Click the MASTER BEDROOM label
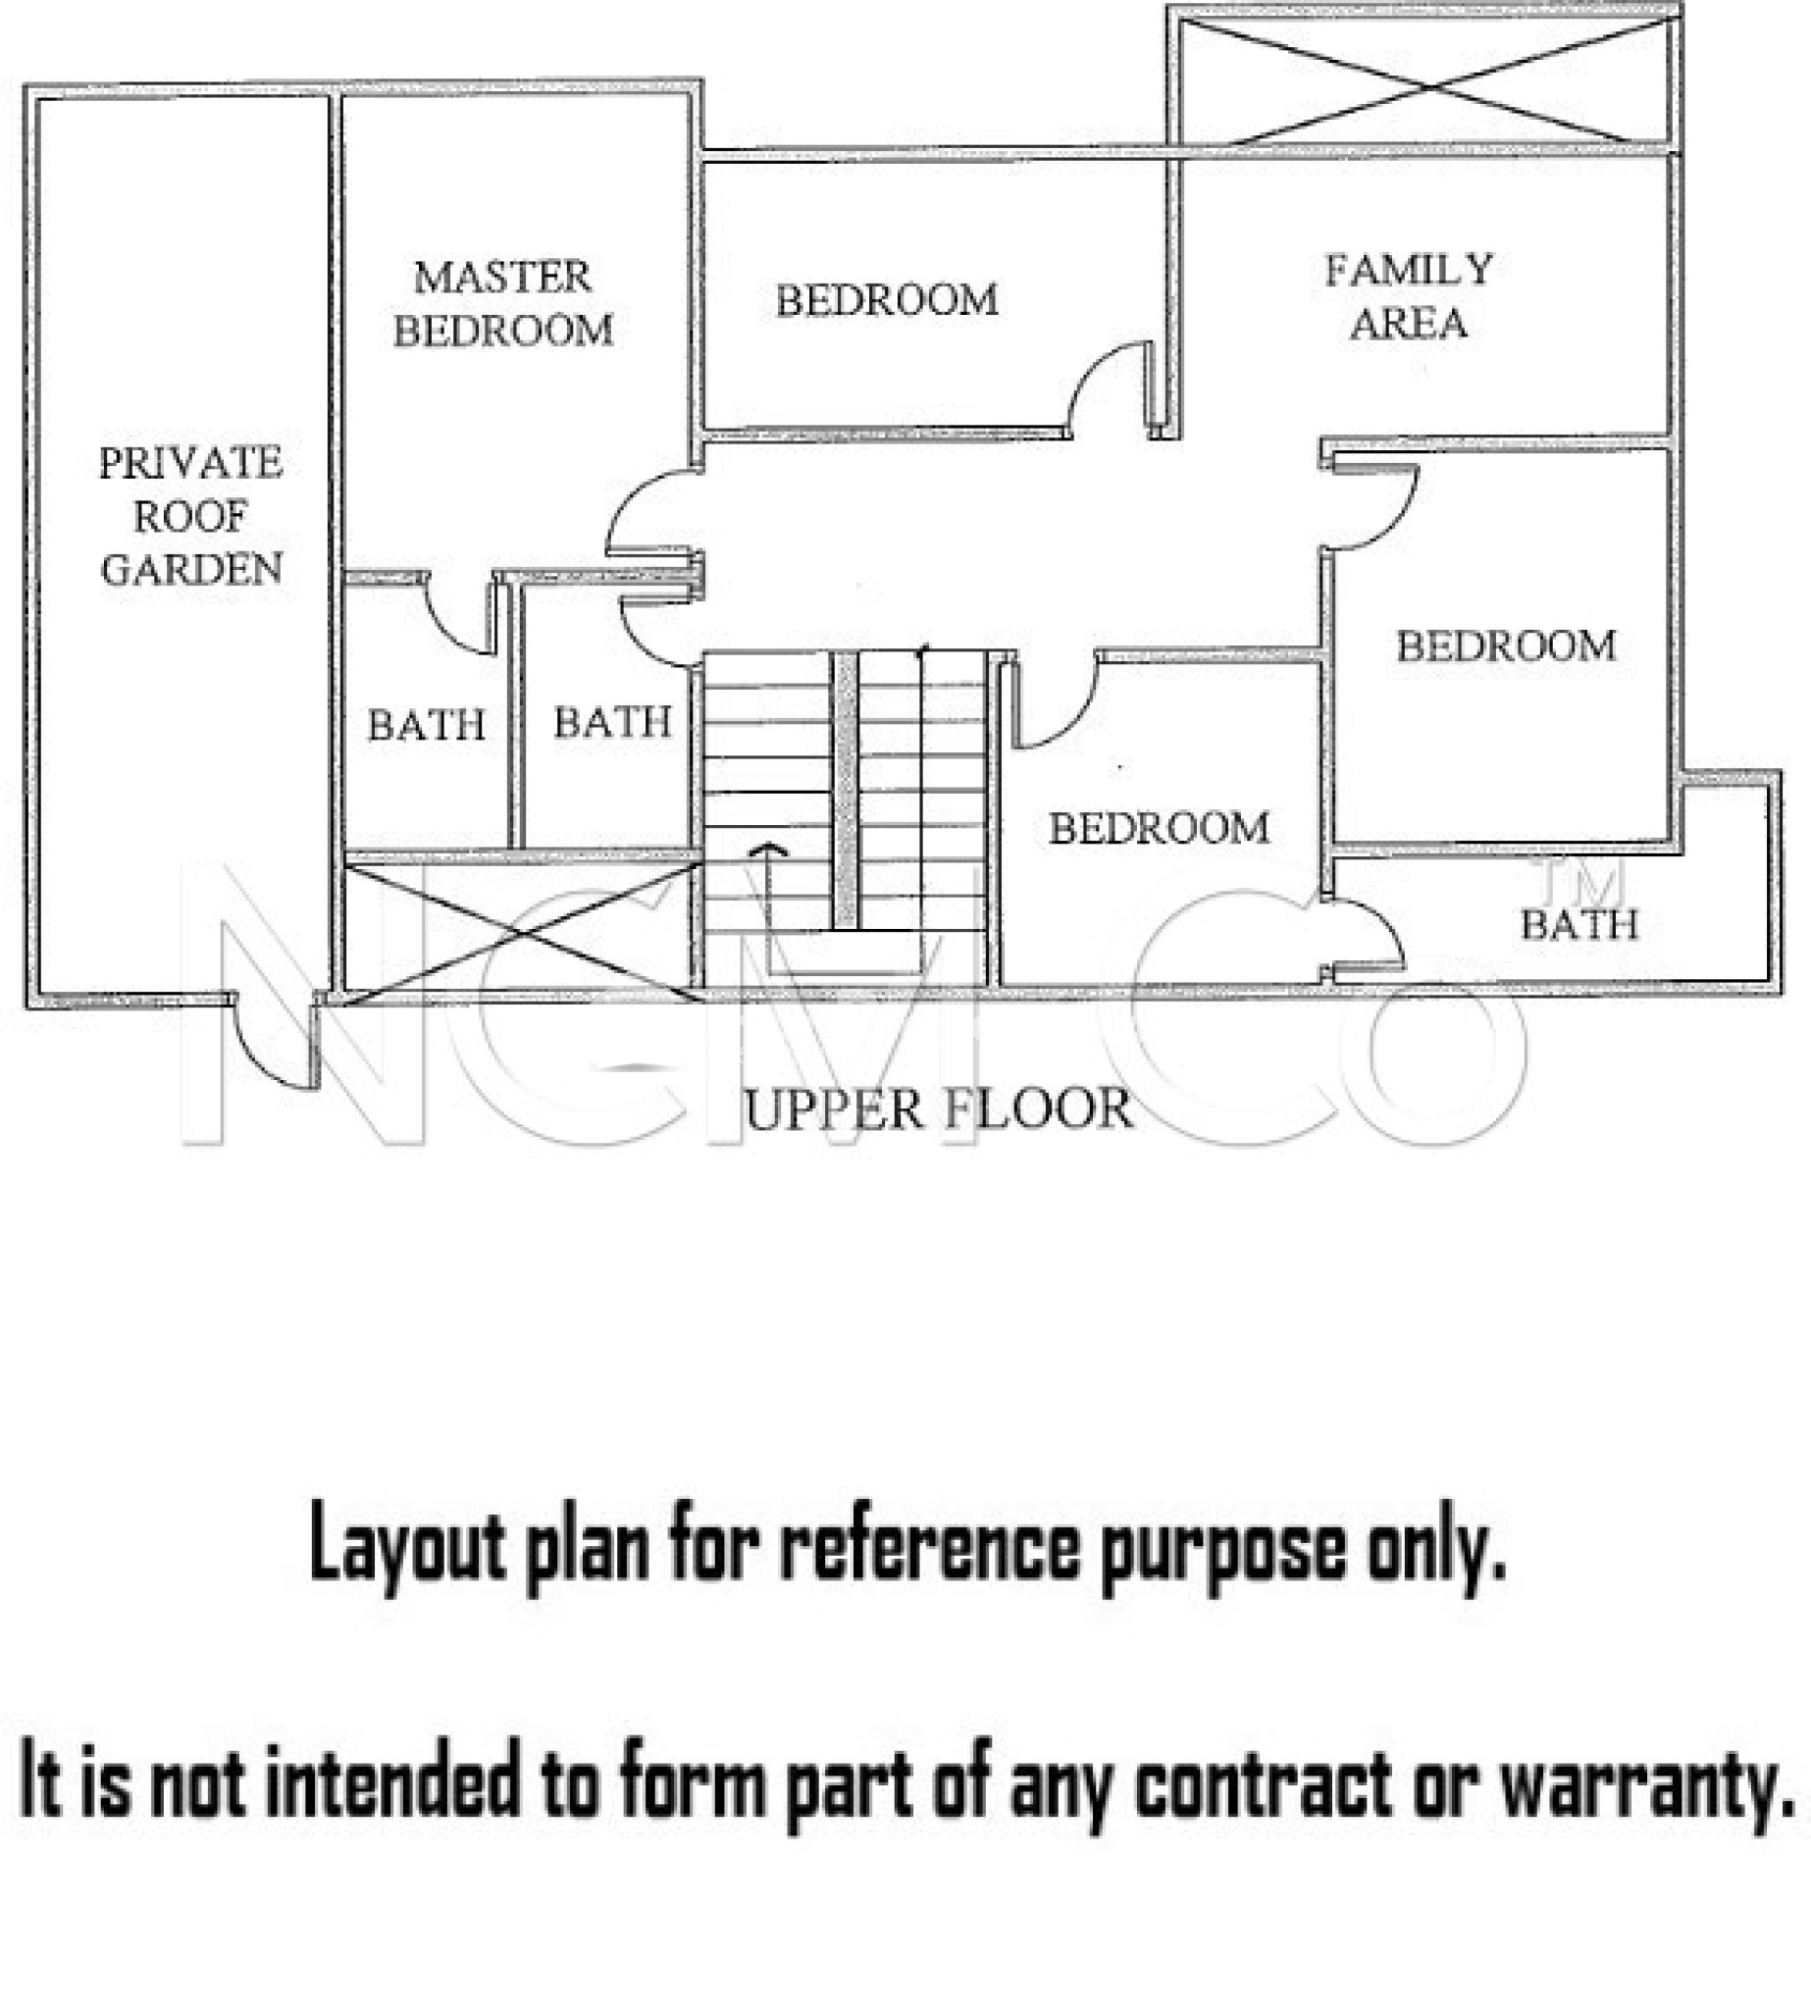click(502, 303)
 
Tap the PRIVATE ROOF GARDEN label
click(191, 515)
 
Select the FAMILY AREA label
click(1409, 296)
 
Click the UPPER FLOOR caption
click(938, 1109)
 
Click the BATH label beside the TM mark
click(1579, 925)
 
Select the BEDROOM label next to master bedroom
click(887, 300)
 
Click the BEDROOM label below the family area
click(1506, 646)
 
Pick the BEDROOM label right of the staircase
click(1160, 829)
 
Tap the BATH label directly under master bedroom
click(427, 725)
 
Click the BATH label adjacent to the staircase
click(612, 723)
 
